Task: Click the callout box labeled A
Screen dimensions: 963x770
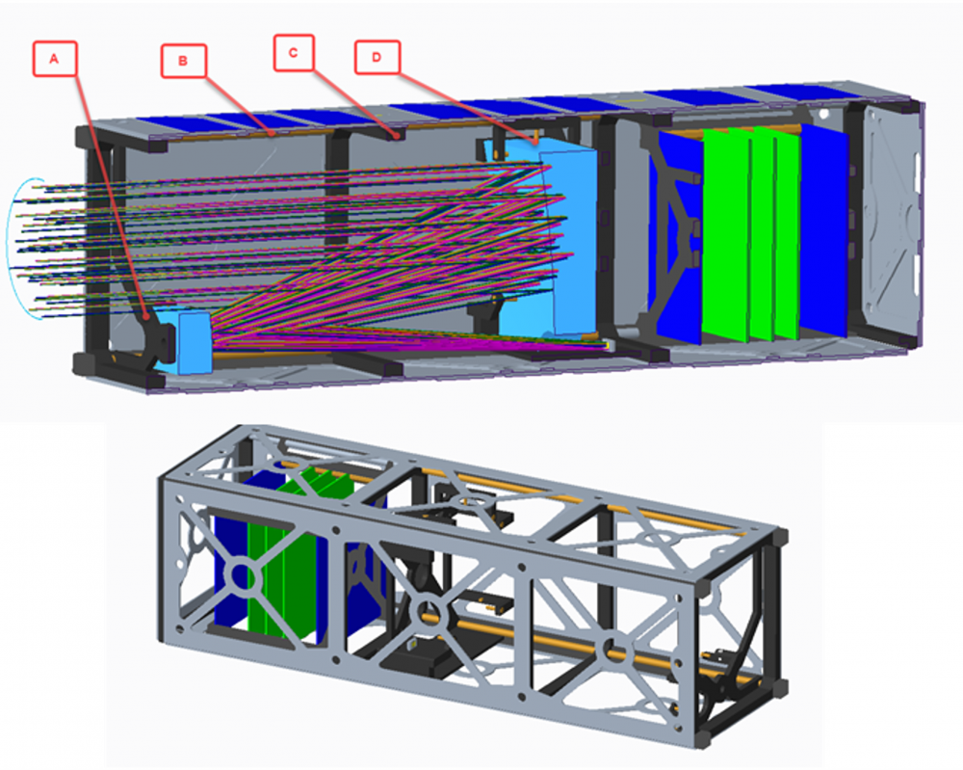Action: pyautogui.click(x=55, y=59)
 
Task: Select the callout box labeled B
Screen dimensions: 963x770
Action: pyautogui.click(x=183, y=61)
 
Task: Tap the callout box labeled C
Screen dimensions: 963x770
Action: pyautogui.click(x=294, y=53)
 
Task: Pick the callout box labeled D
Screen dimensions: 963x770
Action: pyautogui.click(x=377, y=57)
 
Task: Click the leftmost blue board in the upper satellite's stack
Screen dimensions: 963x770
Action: pyautogui.click(x=679, y=237)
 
